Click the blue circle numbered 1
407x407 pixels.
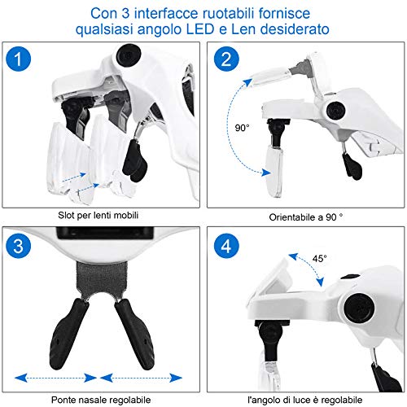tap(18, 59)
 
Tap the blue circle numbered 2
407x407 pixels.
tap(226, 59)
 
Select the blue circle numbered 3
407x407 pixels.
tap(18, 246)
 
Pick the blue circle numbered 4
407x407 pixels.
tap(226, 246)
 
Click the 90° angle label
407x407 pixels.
tap(242, 128)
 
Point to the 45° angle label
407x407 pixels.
tap(319, 259)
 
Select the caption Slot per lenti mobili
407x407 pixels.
tap(98, 216)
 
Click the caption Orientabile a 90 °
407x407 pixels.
tap(306, 217)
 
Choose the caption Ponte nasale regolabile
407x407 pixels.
tap(101, 400)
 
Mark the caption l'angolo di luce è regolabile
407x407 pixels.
tap(305, 400)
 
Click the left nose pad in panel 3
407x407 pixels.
tap(68, 334)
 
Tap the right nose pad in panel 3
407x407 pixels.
tap(135, 334)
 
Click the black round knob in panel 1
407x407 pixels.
tap(129, 55)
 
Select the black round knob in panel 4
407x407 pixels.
tap(359, 309)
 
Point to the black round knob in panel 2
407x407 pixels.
tap(336, 111)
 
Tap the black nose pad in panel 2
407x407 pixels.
tap(352, 166)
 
